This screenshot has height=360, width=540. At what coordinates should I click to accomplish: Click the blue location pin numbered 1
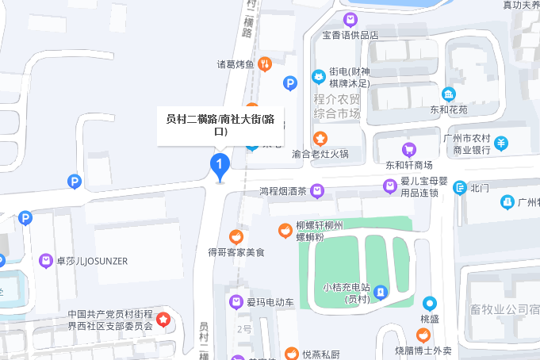[219, 165]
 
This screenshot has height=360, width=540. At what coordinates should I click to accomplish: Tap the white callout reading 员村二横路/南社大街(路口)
[220, 125]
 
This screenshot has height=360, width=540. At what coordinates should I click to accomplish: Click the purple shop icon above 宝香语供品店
[350, 19]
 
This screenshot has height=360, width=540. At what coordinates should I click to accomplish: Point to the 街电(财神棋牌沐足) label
[350, 77]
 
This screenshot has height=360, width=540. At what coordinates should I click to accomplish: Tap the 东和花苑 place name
[449, 109]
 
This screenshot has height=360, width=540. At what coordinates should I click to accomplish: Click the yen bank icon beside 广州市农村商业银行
[502, 143]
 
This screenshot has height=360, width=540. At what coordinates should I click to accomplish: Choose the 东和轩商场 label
[409, 165]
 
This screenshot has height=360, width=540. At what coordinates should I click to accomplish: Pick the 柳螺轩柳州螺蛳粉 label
[320, 230]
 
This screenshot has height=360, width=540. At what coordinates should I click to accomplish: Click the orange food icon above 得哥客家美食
[236, 236]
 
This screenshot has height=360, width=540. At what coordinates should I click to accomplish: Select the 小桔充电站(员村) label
[348, 293]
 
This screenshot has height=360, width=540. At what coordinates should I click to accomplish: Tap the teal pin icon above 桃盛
[429, 303]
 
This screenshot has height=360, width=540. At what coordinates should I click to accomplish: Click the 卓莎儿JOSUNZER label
[91, 260]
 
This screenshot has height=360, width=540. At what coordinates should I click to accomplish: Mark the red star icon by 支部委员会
[163, 320]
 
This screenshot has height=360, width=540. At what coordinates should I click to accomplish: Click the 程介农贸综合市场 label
[337, 106]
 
